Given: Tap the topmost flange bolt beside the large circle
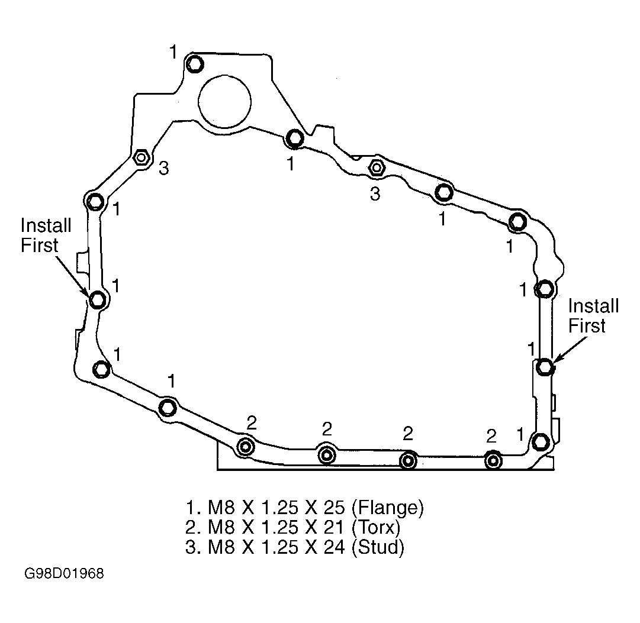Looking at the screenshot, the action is pyautogui.click(x=195, y=64).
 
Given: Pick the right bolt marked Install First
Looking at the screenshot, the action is pyautogui.click(x=545, y=366).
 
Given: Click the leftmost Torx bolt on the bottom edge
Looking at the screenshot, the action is pyautogui.click(x=245, y=447).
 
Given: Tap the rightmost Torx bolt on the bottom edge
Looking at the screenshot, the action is pyautogui.click(x=493, y=460).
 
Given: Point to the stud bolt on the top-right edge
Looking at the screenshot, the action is pyautogui.click(x=376, y=167).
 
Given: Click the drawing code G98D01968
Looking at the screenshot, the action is pyautogui.click(x=64, y=574).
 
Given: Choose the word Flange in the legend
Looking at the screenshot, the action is pyautogui.click(x=387, y=507).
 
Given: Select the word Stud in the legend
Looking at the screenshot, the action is pyautogui.click(x=378, y=547).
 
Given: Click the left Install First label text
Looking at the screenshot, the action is pyautogui.click(x=46, y=235).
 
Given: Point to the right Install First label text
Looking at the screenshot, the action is pyautogui.click(x=593, y=316).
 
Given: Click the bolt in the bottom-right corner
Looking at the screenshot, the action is pyautogui.click(x=541, y=441).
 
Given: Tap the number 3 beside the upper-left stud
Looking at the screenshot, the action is pyautogui.click(x=163, y=168).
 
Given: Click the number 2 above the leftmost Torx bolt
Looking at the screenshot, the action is pyautogui.click(x=252, y=423).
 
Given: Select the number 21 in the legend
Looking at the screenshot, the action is pyautogui.click(x=333, y=527).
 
